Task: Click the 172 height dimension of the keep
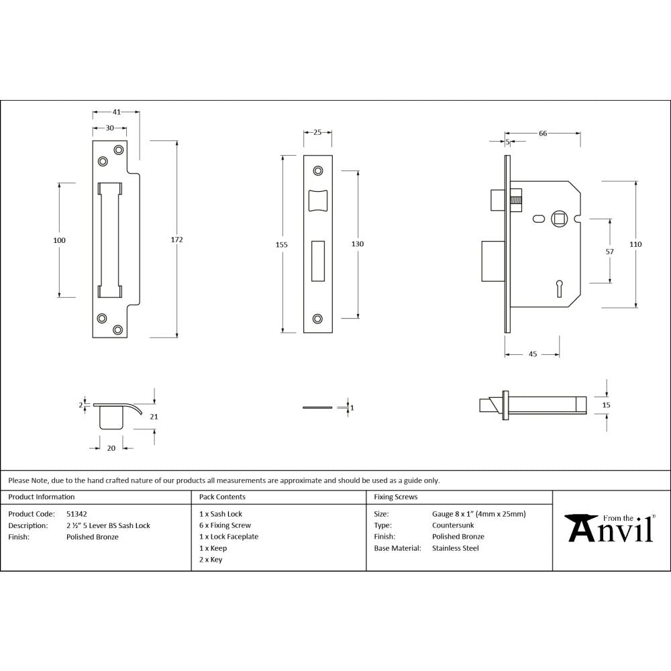(177, 240)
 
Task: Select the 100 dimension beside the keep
(59, 240)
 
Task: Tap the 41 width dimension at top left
(116, 113)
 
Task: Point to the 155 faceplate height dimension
(282, 245)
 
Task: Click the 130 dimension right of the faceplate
(358, 244)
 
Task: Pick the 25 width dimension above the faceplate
(317, 133)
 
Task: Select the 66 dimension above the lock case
(542, 134)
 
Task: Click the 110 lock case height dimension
(635, 244)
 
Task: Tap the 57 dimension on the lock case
(610, 252)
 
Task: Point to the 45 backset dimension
(532, 354)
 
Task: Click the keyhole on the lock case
(558, 289)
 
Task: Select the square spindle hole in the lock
(558, 218)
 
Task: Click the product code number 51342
(76, 514)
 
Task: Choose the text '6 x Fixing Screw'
(225, 525)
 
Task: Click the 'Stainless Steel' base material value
(456, 548)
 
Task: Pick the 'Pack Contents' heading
(222, 497)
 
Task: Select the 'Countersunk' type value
(453, 525)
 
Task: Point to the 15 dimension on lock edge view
(607, 405)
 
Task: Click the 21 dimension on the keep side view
(154, 417)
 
